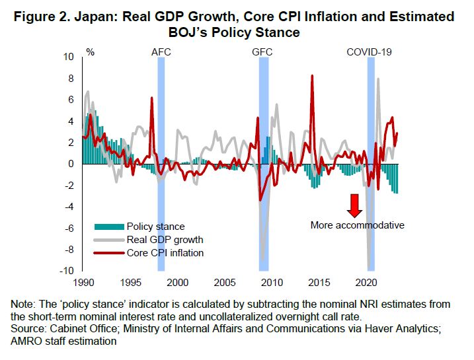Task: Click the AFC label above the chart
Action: pos(161,51)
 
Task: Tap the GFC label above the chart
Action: pos(262,51)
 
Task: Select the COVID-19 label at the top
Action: pos(370,51)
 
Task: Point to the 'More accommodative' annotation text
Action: pos(357,225)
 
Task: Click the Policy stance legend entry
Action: pos(155,227)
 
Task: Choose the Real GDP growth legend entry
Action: pos(165,240)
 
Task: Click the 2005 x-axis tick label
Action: pos(225,281)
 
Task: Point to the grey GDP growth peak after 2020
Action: pos(378,79)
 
